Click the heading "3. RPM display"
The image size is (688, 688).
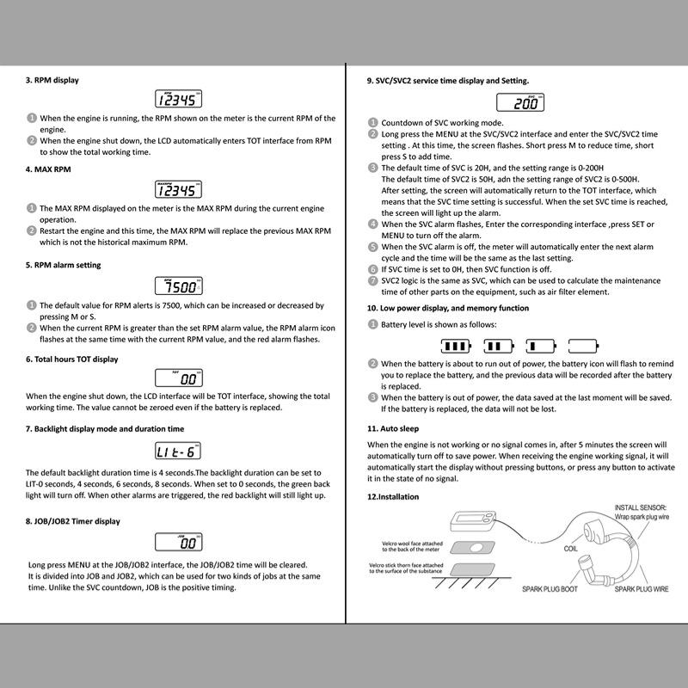tap(52, 80)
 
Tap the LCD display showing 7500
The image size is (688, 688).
tap(178, 286)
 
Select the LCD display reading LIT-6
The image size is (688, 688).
tap(178, 451)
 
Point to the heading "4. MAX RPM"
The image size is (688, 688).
tap(48, 169)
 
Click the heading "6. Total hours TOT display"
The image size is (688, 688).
tap(72, 359)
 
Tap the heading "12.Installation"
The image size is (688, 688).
tap(393, 496)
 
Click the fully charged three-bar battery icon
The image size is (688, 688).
tap(456, 346)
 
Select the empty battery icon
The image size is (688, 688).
tap(582, 346)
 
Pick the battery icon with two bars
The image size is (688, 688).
tap(498, 346)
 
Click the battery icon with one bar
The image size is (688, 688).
tap(540, 346)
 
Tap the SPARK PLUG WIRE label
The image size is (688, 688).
tap(641, 590)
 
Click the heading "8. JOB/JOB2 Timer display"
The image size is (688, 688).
tap(73, 521)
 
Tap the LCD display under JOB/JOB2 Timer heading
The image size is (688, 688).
tap(178, 543)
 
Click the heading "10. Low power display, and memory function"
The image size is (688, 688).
tap(448, 308)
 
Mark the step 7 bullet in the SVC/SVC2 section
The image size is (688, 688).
tap(372, 280)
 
